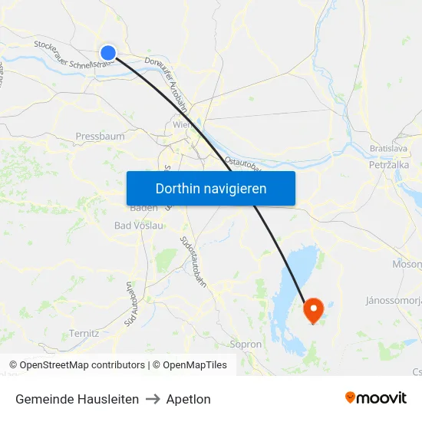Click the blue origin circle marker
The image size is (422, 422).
pos(108,53)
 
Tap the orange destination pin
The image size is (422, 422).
pos(314,309)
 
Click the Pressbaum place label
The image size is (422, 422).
pos(100,137)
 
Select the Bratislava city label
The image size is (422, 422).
pos(388,147)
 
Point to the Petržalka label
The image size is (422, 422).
pos(389,164)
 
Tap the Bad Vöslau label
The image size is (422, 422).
pos(139,226)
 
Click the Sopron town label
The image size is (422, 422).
pos(246,345)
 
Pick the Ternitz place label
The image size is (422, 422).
pos(84,333)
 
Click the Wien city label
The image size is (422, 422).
pos(182,124)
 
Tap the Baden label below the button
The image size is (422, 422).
pos(143,208)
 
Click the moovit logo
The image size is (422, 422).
pos(375,397)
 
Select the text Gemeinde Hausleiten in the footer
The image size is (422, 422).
pos(77,399)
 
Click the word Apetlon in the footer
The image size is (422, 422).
pos(188,399)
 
